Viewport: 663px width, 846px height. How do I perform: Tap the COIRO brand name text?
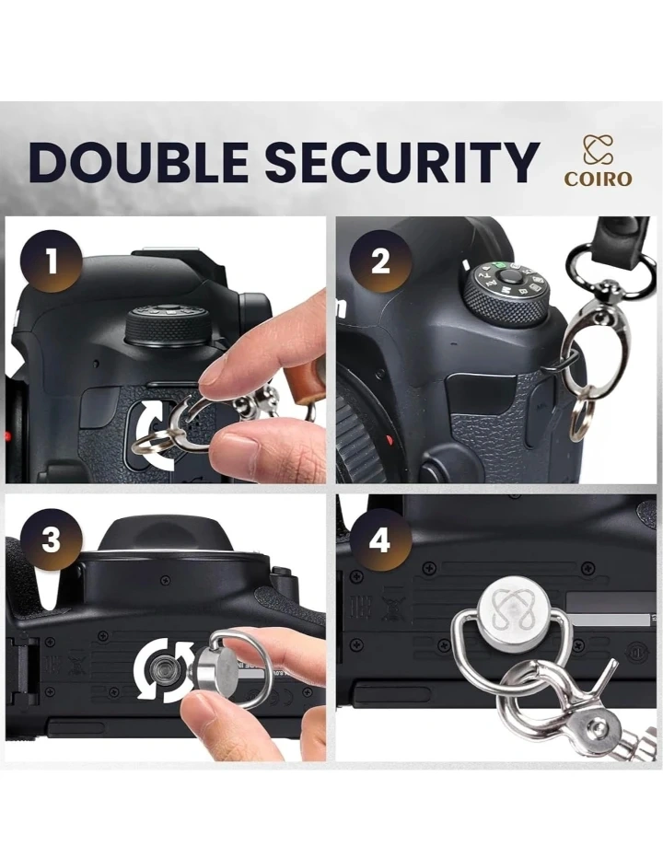tap(598, 179)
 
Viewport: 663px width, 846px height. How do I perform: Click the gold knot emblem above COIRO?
tap(597, 150)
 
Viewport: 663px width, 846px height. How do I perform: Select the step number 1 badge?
tap(52, 261)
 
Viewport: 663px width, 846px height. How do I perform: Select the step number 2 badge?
tap(380, 261)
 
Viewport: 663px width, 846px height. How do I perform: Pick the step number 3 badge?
tap(52, 539)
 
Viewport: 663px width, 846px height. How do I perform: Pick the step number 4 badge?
tap(380, 539)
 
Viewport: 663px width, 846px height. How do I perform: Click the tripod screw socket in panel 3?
tap(162, 671)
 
